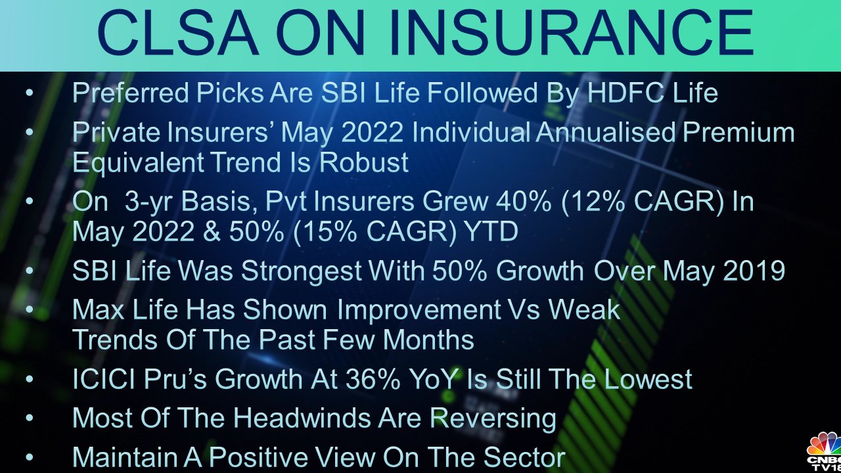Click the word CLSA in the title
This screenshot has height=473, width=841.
[x=178, y=33]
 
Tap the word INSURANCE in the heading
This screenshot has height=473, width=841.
[x=571, y=33]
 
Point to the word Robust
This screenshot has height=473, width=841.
[x=364, y=162]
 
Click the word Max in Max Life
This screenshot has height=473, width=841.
[x=99, y=309]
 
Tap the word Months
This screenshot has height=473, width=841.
[x=428, y=340]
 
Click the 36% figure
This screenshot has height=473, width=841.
[x=373, y=379]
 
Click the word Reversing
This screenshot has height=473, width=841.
[x=493, y=418]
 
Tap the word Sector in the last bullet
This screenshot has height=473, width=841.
[x=524, y=457]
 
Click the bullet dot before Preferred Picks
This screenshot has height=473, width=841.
[x=30, y=93]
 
